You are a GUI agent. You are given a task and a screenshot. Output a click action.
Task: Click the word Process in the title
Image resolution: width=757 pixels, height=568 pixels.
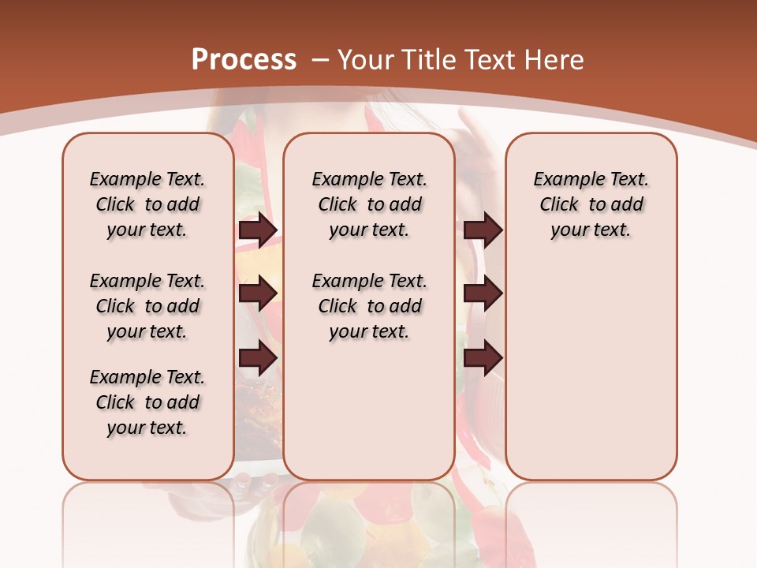pos(244,59)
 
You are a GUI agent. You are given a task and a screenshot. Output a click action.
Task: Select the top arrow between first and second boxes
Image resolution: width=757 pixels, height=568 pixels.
pos(258,230)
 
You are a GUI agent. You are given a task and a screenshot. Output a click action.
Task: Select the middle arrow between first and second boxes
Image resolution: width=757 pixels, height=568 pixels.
pos(258,294)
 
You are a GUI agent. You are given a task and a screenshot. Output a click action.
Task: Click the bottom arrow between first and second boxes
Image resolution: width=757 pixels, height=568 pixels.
pos(258,359)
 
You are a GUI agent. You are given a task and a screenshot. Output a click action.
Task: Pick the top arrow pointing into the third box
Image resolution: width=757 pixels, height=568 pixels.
pos(483,230)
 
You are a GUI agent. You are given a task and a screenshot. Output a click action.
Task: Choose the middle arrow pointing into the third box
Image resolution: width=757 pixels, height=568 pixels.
pos(483,294)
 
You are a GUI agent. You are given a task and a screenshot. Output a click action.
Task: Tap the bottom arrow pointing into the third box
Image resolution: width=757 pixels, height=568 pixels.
pos(483,359)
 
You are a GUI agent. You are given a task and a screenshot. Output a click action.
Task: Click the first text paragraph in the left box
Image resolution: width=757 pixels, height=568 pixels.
pos(147,204)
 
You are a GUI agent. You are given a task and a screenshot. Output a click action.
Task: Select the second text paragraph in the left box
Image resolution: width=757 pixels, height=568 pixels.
pos(147,306)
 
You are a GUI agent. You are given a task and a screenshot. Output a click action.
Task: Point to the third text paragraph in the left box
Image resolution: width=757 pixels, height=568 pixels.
pos(147,402)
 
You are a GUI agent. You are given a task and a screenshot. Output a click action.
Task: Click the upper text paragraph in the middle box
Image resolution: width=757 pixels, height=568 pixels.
pos(369,204)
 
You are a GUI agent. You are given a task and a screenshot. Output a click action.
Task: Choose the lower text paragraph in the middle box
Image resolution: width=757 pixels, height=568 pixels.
pos(369,306)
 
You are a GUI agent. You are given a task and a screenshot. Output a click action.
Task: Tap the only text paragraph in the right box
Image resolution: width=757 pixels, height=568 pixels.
pos(591,204)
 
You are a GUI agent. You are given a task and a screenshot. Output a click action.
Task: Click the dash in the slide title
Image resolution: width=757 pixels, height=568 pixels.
pos(320,60)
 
